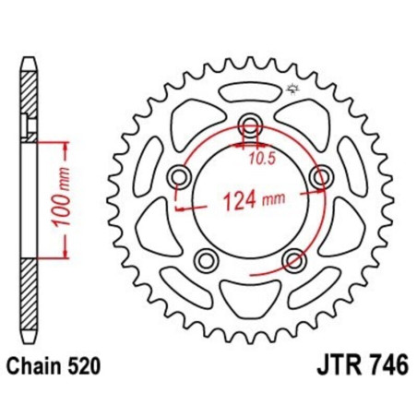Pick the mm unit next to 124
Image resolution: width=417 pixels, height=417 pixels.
pyautogui.click(x=272, y=198)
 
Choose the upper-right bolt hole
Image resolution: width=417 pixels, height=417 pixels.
pyautogui.click(x=320, y=176)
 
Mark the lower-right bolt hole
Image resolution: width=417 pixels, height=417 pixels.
pyautogui.click(x=292, y=260)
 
